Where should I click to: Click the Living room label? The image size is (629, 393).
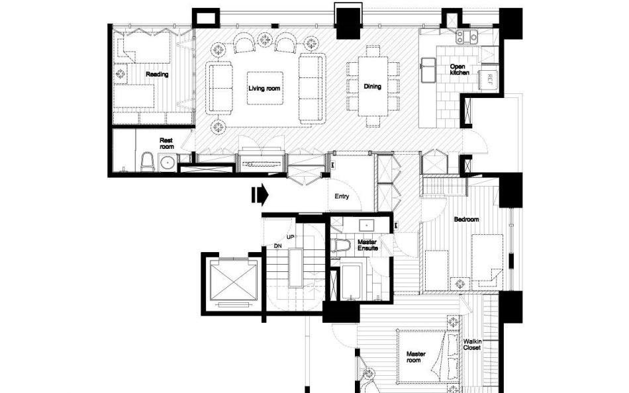tap(264, 88)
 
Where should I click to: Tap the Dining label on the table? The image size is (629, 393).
tap(372, 86)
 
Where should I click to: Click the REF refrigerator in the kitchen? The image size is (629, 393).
tap(489, 79)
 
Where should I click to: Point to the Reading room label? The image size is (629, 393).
tap(157, 74)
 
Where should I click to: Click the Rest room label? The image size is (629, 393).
tap(166, 143)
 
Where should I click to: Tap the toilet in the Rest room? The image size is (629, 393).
tap(147, 161)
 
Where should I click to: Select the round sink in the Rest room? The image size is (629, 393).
tap(167, 163)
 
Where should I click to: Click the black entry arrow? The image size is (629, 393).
tap(260, 195)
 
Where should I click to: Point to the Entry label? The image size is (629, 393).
tap(342, 196)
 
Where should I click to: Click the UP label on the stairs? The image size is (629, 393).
tap(291, 237)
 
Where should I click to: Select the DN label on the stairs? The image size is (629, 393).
tap(278, 246)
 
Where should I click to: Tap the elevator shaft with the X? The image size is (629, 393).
tap(233, 282)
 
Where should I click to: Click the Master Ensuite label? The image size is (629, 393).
tap(367, 245)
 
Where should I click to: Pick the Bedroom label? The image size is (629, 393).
tap(466, 220)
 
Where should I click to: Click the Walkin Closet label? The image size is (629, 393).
tap(471, 345)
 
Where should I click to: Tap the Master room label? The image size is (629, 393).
tap(416, 357)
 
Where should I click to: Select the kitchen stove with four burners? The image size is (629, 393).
tap(467, 36)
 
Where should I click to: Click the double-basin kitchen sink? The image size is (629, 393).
tap(428, 69)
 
